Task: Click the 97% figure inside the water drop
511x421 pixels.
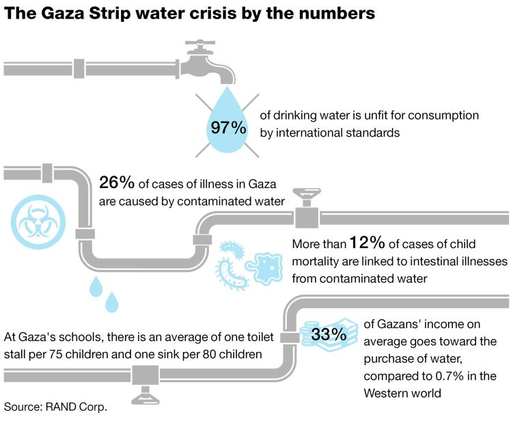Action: [228, 128]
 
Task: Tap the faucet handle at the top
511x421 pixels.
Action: [201, 44]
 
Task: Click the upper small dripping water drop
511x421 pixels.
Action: [96, 286]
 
